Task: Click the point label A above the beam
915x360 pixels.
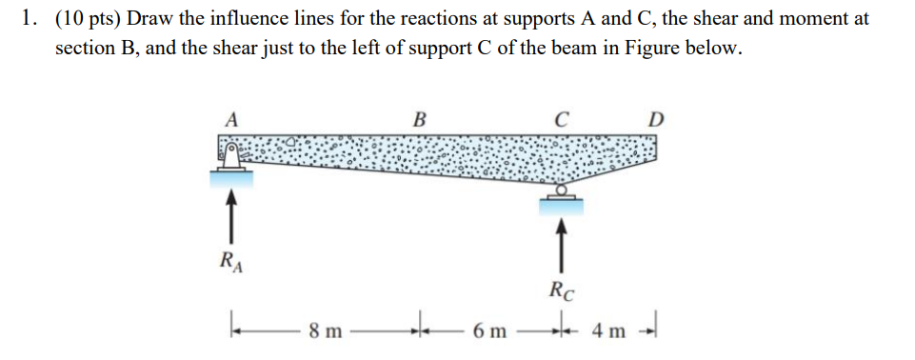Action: pos(230,120)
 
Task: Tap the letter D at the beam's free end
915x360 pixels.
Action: pos(655,120)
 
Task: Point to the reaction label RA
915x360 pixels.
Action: pos(229,261)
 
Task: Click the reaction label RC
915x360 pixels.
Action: pos(562,290)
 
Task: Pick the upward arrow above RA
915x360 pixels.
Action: pos(229,215)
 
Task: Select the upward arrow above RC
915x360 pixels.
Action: pos(562,244)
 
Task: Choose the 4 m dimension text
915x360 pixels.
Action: pos(607,331)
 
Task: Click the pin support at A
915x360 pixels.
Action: pos(229,156)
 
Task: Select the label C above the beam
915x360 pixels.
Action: pos(562,120)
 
